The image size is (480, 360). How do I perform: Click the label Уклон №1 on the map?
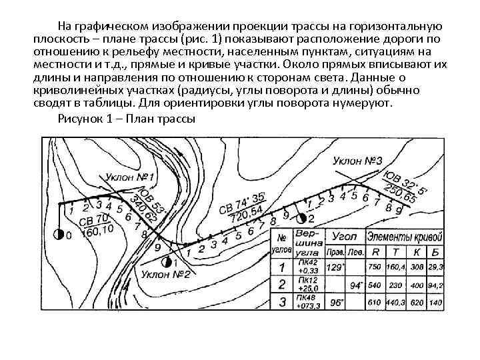click(131, 178)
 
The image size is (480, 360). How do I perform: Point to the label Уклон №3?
click(357, 162)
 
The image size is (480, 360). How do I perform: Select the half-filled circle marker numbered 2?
click(301, 219)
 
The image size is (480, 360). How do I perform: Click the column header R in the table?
click(376, 253)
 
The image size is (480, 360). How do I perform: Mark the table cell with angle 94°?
click(354, 285)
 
